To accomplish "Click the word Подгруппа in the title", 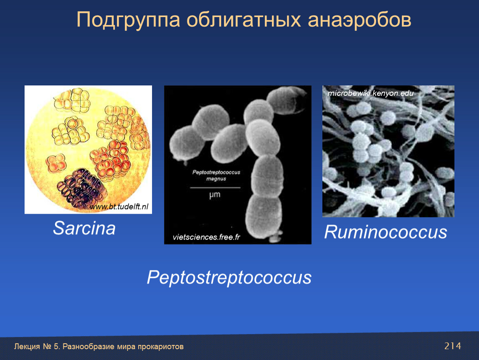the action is click(128, 20).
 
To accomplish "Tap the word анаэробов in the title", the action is click(359, 20).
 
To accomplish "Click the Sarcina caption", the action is click(84, 228).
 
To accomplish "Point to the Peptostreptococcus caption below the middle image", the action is click(229, 278).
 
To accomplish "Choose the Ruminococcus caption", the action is click(386, 232).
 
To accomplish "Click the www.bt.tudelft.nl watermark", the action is click(119, 207).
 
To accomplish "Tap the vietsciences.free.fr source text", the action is click(207, 237).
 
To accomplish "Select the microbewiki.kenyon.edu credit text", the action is click(371, 93).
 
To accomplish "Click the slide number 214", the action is click(453, 346).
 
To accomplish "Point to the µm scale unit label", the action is click(215, 195).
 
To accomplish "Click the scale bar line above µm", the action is click(215, 187).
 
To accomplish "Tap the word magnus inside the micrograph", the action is click(216, 179).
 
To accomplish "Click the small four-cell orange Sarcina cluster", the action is click(56, 163).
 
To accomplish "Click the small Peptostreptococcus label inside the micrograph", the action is click(216, 172).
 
